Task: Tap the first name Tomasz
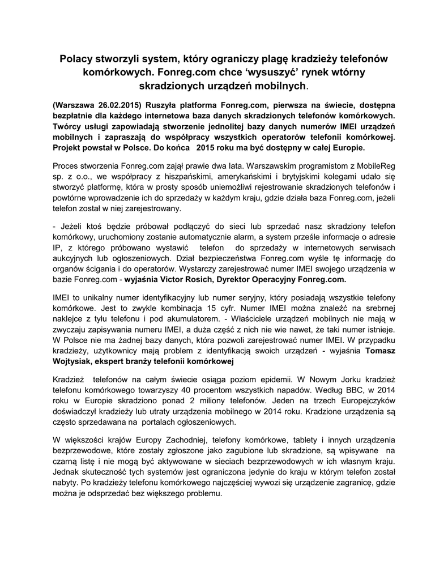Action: (x=381, y=351)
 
